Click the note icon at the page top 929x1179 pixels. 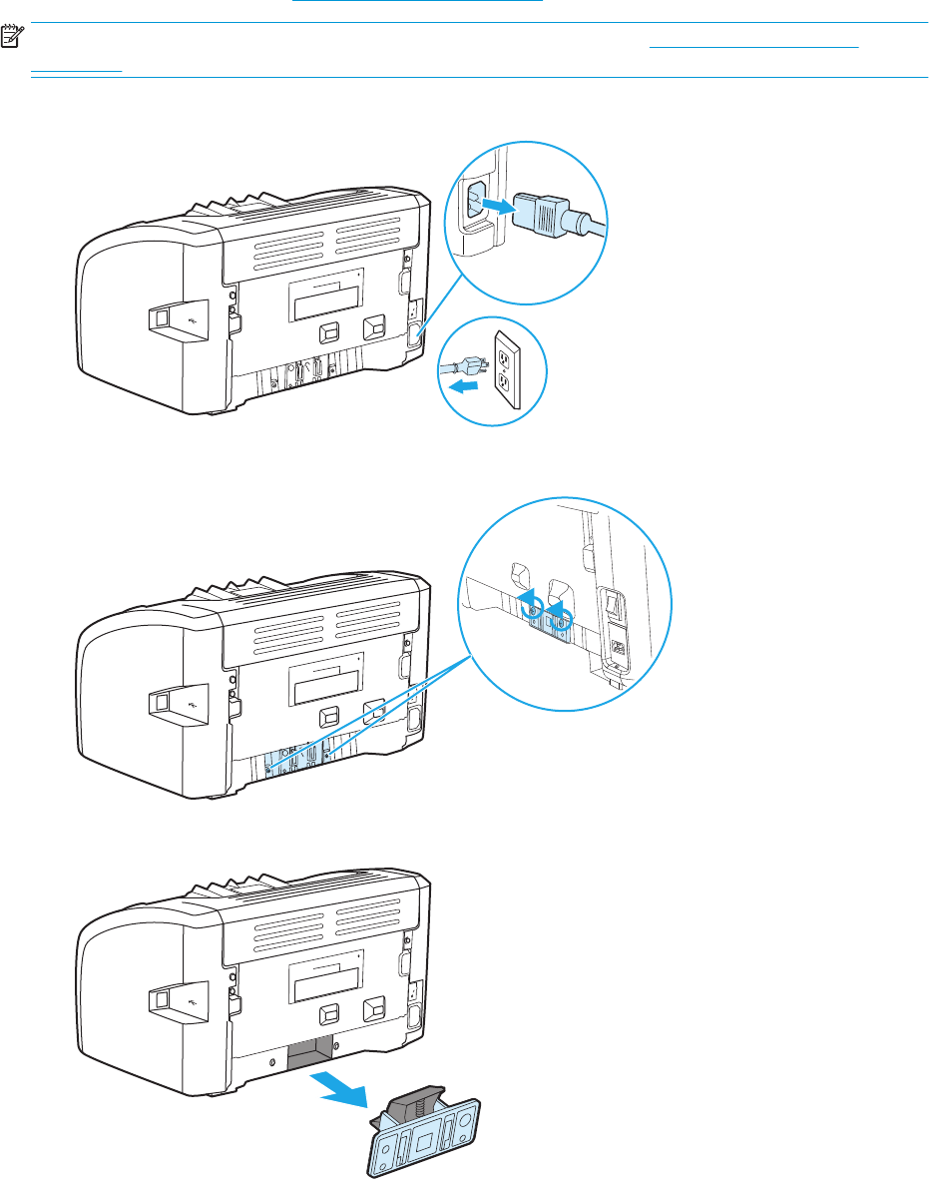pos(12,39)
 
